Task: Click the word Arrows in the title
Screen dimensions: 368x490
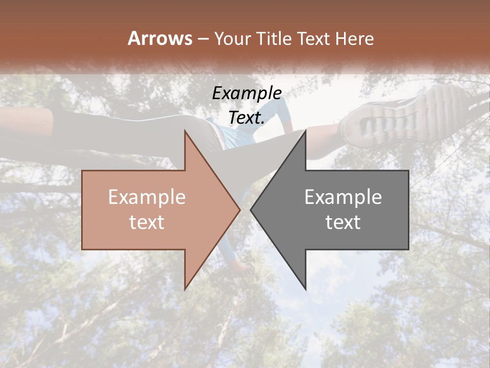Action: tap(160, 38)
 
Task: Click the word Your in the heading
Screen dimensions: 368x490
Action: tap(231, 39)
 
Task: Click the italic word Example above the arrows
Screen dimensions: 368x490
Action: tap(247, 93)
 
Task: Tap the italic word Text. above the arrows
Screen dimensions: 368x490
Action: tap(247, 118)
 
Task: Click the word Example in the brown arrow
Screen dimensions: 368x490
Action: tap(147, 197)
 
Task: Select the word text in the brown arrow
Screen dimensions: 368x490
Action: tap(147, 222)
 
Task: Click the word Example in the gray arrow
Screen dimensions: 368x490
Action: tap(343, 197)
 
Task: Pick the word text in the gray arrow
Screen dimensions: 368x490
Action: tap(343, 222)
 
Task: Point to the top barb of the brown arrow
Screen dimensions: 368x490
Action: tap(186, 134)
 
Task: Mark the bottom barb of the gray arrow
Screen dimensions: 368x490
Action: tap(304, 286)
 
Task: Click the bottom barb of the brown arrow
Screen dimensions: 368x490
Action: tap(186, 286)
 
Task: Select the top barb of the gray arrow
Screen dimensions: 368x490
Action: tap(304, 134)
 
